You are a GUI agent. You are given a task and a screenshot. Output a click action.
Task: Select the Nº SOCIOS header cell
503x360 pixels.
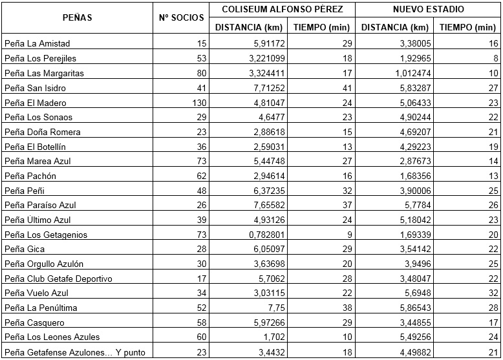[182, 17]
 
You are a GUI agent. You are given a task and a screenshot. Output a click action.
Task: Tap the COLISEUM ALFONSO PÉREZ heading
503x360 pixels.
[283, 10]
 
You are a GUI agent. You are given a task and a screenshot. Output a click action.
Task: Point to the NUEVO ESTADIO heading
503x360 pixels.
[429, 10]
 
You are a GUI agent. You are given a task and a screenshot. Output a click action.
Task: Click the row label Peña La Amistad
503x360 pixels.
[37, 44]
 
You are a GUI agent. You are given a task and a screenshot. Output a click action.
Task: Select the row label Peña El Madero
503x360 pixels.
[35, 103]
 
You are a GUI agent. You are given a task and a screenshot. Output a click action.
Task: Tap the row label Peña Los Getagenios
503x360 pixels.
[45, 235]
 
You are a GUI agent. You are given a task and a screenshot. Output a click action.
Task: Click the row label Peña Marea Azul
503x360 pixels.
[34, 162]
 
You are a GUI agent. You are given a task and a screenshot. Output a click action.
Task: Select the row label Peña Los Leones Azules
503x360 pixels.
[47, 337]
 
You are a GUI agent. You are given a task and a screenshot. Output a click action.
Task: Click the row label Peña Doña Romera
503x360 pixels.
[37, 132]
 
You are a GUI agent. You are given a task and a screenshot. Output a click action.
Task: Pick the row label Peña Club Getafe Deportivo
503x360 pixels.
[58, 279]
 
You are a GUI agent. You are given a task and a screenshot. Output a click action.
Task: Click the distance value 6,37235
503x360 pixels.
[264, 191]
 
